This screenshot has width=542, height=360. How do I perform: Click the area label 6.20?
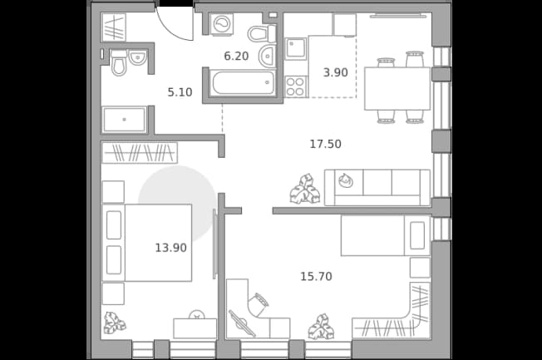click(236, 56)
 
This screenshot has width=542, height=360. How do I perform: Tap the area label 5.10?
click(180, 92)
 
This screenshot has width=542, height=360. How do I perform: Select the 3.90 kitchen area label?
click(335, 72)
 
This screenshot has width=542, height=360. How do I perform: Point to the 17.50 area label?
click(325, 144)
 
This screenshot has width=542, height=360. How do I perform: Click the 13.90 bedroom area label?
click(170, 248)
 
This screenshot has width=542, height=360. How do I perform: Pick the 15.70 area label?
click(316, 277)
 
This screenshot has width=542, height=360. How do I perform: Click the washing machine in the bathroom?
click(222, 24)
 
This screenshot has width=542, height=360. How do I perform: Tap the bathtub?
click(244, 82)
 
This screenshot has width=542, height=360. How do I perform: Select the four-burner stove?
click(296, 86)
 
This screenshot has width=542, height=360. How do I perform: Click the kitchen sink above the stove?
click(296, 49)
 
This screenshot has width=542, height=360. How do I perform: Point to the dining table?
click(397, 88)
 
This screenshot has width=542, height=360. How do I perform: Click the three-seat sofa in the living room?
click(377, 188)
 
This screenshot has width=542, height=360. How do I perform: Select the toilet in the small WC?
click(118, 63)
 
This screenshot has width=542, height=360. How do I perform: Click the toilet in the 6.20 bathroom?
click(261, 33)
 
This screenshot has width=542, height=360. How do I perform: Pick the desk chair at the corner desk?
click(259, 303)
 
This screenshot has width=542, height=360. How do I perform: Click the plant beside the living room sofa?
click(306, 189)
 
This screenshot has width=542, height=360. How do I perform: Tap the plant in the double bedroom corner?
click(115, 323)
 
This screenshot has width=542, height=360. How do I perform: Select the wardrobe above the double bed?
click(140, 152)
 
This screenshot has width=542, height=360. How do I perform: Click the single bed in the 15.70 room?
click(386, 235)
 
